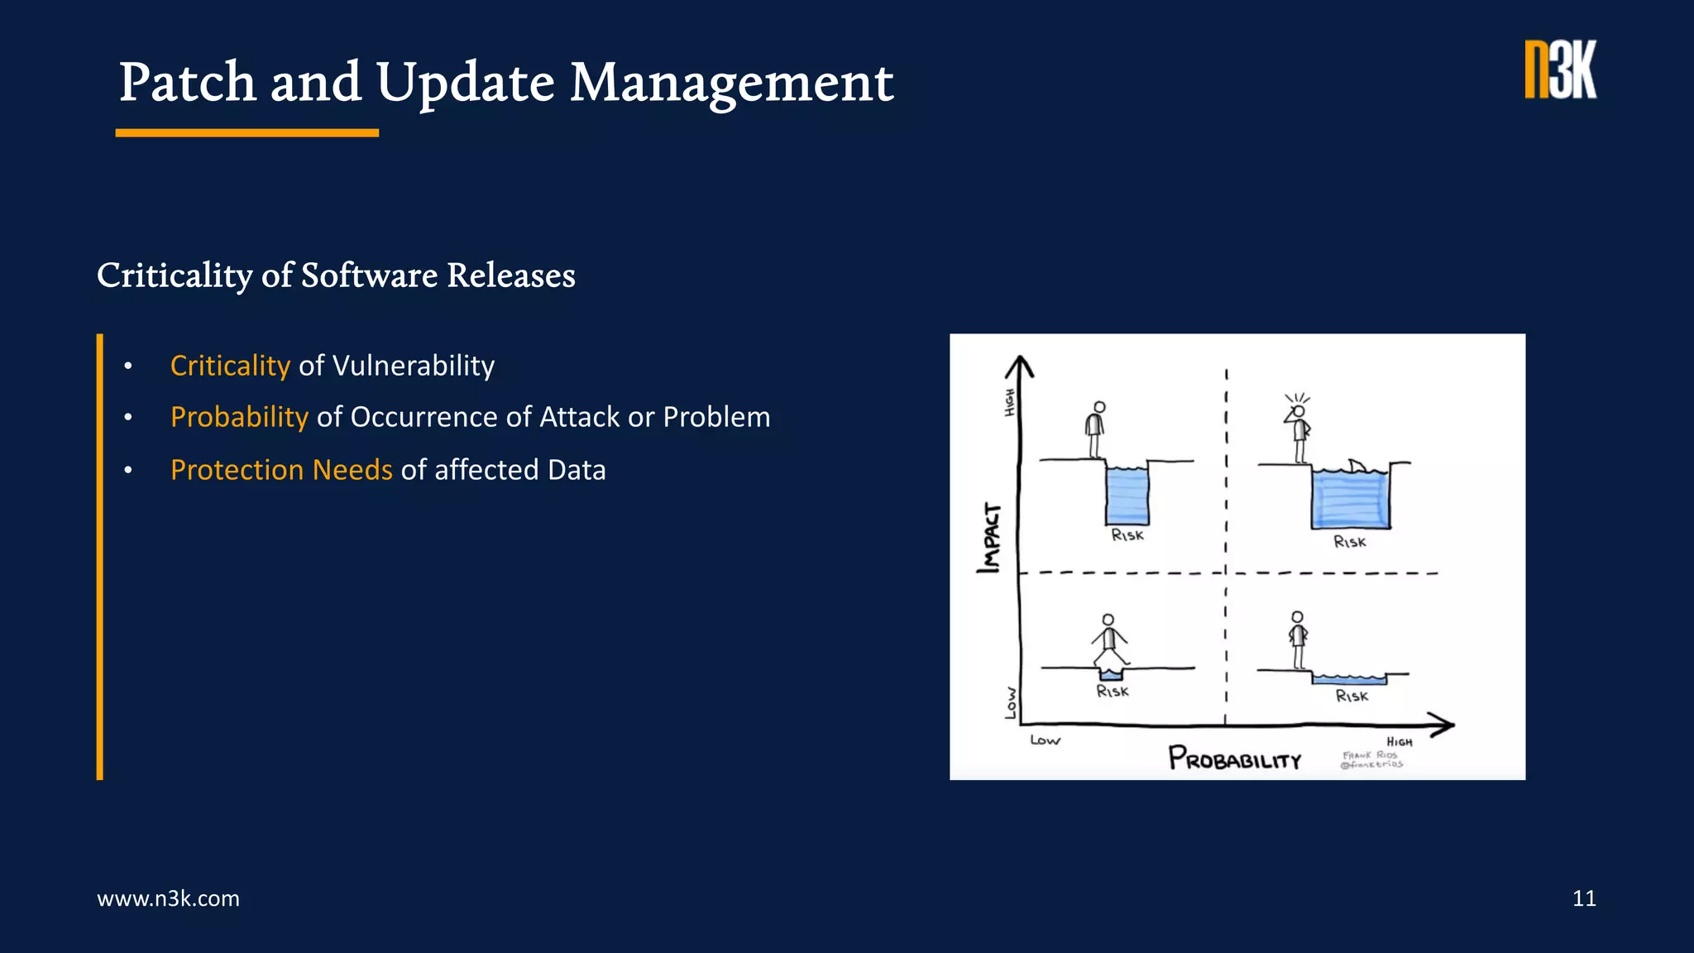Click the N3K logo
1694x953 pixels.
pyautogui.click(x=1560, y=70)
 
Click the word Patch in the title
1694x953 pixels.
pyautogui.click(x=188, y=83)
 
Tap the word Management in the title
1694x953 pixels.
pyautogui.click(x=731, y=83)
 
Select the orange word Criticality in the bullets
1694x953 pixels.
pyautogui.click(x=230, y=366)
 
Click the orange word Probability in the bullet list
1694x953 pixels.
pyautogui.click(x=239, y=417)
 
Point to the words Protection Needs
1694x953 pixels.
pyautogui.click(x=281, y=470)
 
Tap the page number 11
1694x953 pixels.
pyautogui.click(x=1583, y=898)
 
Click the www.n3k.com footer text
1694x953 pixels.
pyautogui.click(x=168, y=898)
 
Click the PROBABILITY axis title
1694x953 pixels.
pyautogui.click(x=1235, y=759)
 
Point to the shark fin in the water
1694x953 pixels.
pyautogui.click(x=1357, y=466)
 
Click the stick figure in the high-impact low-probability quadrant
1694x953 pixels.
pyautogui.click(x=1096, y=429)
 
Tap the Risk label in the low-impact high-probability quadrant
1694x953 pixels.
pyautogui.click(x=1352, y=697)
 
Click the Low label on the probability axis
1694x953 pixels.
pyautogui.click(x=1045, y=740)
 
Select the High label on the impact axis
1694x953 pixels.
pyautogui.click(x=1009, y=402)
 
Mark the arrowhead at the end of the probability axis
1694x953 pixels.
pyautogui.click(x=1443, y=726)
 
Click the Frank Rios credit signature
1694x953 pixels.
pyautogui.click(x=1371, y=759)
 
